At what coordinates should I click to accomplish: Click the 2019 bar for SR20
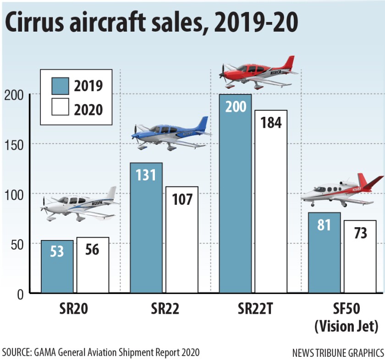(x=57, y=267)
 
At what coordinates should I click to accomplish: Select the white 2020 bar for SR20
(x=93, y=265)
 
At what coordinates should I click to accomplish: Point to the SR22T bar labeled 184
(x=271, y=202)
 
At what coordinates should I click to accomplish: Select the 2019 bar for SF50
(x=324, y=252)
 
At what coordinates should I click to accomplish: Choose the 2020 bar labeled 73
(x=360, y=256)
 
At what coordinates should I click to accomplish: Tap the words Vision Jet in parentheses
(x=346, y=327)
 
